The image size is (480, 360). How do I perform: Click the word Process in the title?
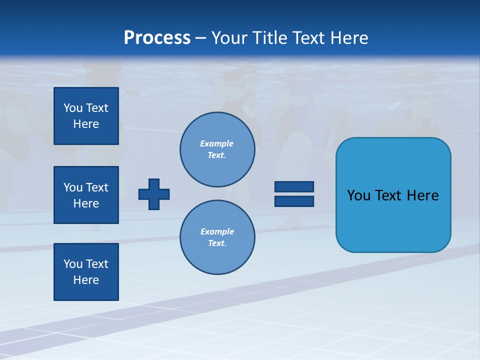tap(157, 38)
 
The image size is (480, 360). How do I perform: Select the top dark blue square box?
tap(86, 116)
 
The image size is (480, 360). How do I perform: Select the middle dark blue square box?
tap(86, 195)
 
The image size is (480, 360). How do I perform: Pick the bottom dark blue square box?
tap(86, 272)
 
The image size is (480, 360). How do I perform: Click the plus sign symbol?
tap(154, 194)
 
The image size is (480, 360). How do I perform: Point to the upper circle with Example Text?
tap(217, 149)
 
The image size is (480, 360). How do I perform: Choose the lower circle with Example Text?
tap(217, 237)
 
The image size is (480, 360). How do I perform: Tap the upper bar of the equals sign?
tap(294, 186)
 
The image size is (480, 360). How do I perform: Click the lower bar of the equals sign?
tap(294, 201)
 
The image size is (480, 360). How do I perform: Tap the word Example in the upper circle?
tap(217, 143)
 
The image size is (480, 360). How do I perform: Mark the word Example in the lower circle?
tap(217, 231)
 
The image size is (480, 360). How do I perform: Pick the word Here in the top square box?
tap(86, 124)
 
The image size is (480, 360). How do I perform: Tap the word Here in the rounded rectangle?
tap(423, 195)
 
